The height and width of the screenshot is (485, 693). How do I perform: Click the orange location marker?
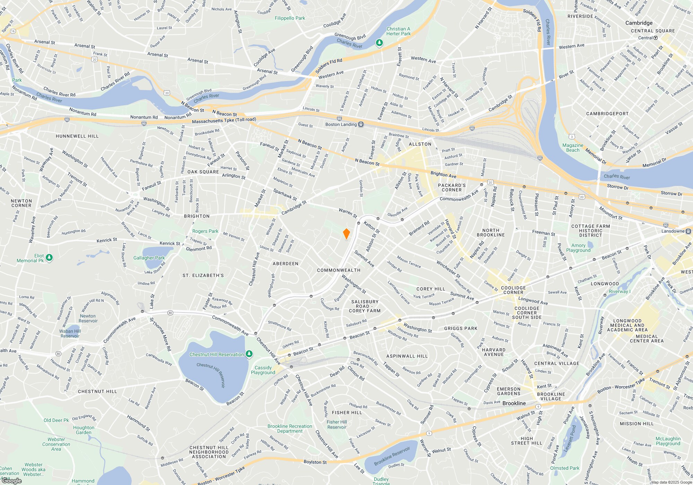point(346,234)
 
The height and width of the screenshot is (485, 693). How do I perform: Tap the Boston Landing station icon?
point(361,124)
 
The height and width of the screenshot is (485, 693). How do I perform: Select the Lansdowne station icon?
point(688,231)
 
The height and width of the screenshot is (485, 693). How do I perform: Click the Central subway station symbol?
point(656,38)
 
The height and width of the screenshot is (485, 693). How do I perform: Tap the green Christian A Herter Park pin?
point(379,43)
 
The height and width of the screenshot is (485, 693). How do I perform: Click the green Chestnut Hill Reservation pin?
point(249,354)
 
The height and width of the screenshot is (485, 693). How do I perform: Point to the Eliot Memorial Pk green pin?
point(49,257)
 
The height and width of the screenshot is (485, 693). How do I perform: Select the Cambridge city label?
point(639,23)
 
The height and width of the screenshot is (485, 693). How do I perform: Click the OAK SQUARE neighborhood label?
point(203,172)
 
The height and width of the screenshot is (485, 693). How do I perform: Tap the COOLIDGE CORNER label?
point(514,290)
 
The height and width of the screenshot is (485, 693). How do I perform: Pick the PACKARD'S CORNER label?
point(451,187)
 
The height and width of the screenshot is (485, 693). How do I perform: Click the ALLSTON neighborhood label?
point(420,144)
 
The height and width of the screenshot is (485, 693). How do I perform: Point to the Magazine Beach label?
point(572,148)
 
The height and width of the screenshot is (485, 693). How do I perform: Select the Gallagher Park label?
point(149,258)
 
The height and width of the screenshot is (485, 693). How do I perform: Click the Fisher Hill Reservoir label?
point(337,424)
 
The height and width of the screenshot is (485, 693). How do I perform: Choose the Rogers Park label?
point(205,231)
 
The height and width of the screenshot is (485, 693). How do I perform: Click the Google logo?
point(12,480)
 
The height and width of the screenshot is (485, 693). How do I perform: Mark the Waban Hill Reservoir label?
point(70,333)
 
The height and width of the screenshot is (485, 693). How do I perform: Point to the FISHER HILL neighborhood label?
point(347,413)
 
